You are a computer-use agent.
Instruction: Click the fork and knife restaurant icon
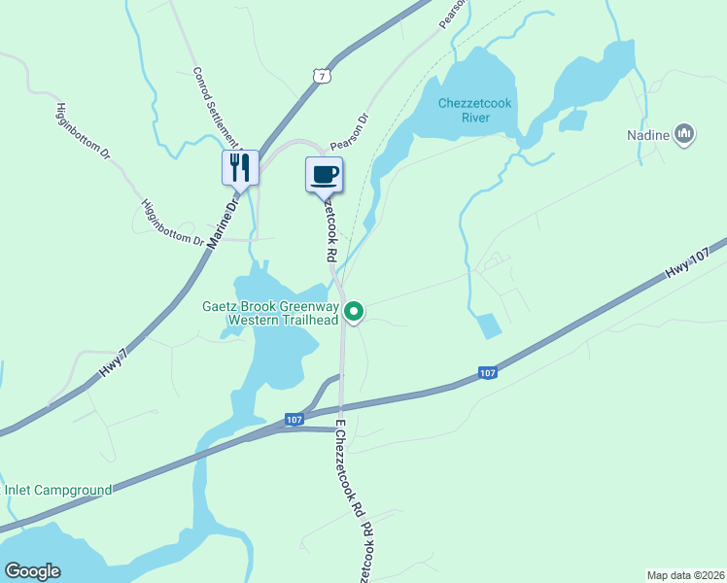click(x=240, y=168)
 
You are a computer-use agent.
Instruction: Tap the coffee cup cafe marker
click(x=325, y=175)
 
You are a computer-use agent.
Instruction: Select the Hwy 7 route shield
click(x=322, y=74)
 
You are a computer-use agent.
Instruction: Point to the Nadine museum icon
click(x=684, y=134)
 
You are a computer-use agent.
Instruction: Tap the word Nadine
click(x=647, y=135)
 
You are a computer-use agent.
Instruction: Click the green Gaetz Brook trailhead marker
click(x=355, y=312)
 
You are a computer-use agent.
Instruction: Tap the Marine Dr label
click(x=224, y=223)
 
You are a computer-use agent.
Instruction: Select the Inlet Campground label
click(x=58, y=490)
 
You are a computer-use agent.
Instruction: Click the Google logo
click(x=32, y=571)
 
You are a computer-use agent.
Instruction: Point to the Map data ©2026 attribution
click(x=685, y=575)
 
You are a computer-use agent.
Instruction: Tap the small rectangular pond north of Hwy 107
click(x=488, y=326)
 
